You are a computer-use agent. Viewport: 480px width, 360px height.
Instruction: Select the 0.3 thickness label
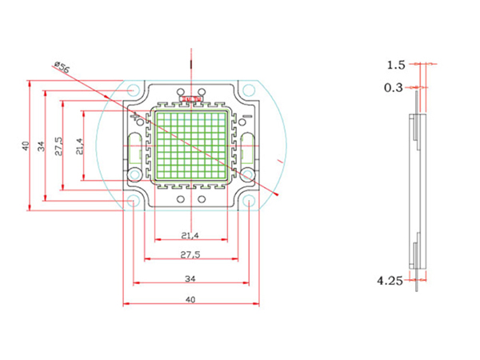pyautogui.click(x=394, y=87)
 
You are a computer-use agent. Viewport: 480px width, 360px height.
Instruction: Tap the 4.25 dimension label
pyautogui.click(x=390, y=280)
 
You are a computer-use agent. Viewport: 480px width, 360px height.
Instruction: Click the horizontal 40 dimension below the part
pyautogui.click(x=190, y=299)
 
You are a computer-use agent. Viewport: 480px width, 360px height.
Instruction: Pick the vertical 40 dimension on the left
pyautogui.click(x=26, y=146)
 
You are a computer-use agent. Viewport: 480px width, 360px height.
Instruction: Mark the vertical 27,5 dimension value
pyautogui.click(x=59, y=146)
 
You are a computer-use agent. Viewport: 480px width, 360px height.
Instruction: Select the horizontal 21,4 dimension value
pyautogui.click(x=190, y=234)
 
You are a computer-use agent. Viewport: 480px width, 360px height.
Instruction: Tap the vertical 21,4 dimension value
pyautogui.click(x=78, y=146)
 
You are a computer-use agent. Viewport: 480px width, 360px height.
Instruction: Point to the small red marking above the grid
pyautogui.click(x=191, y=99)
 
